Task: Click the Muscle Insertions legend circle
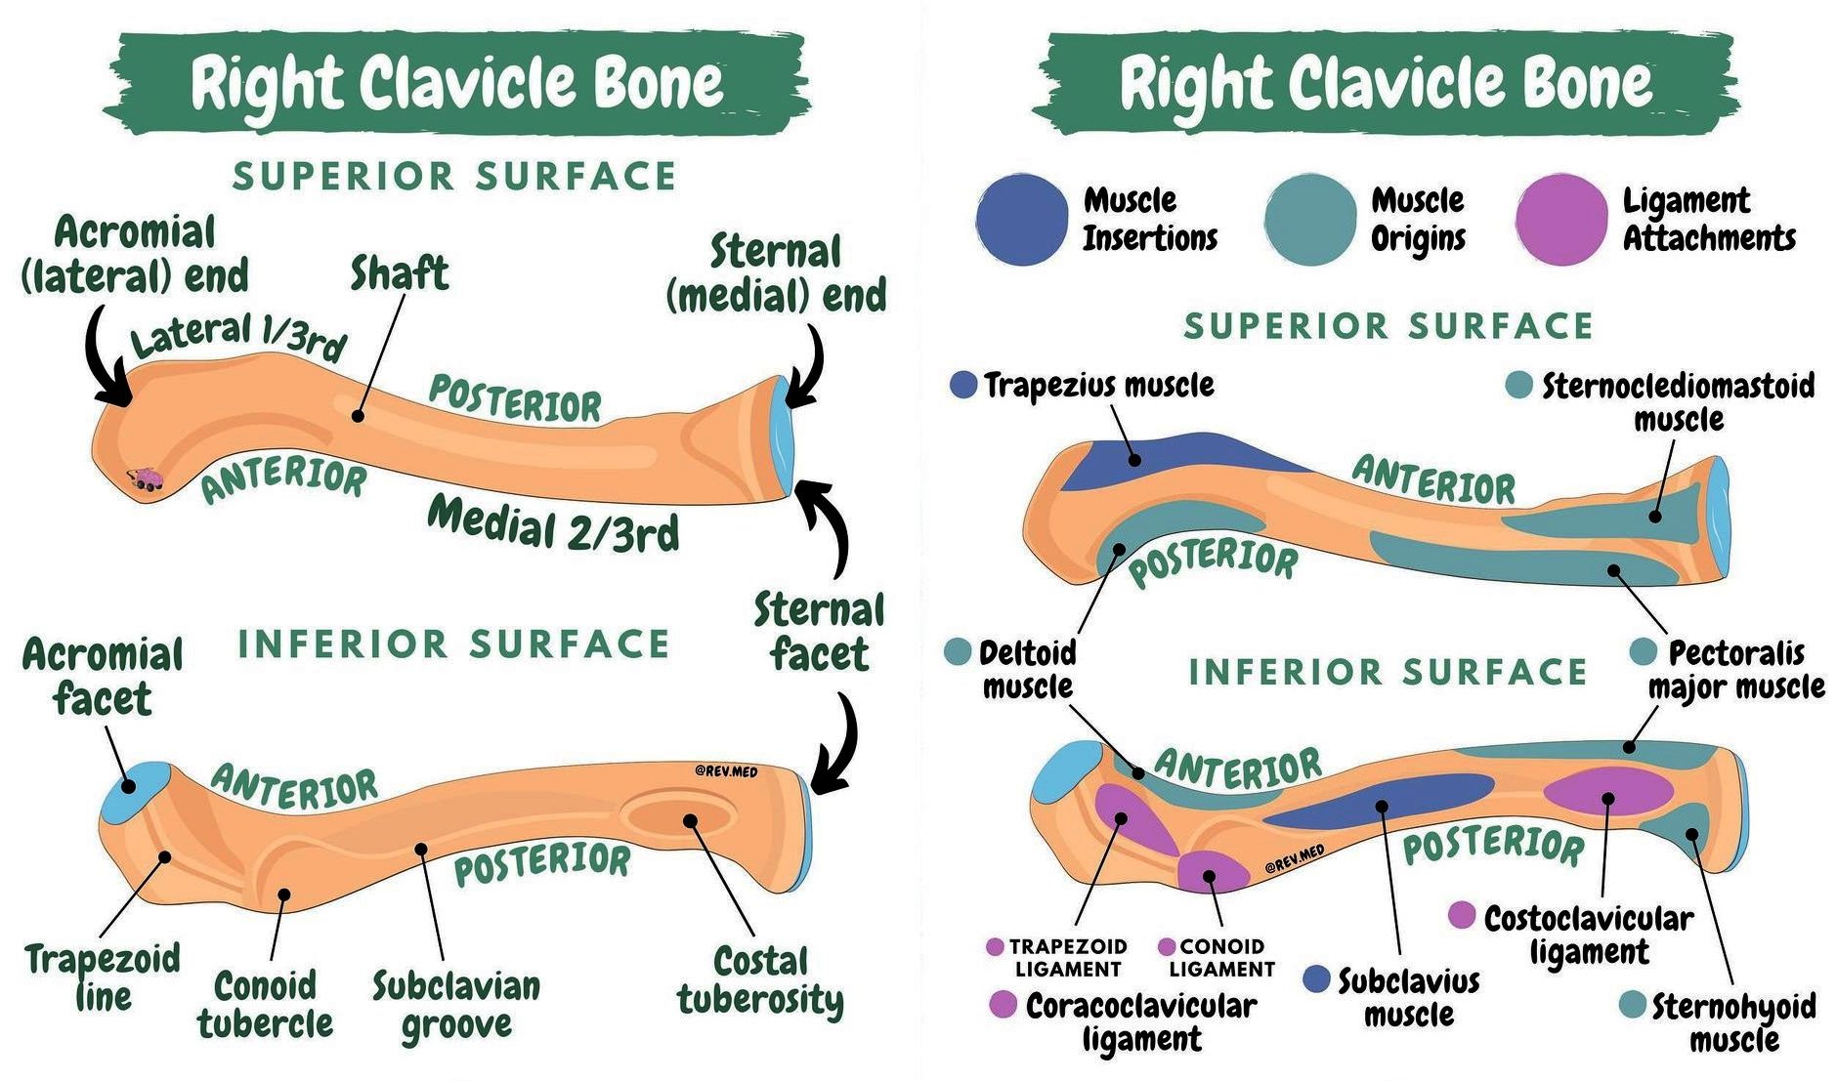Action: (1022, 220)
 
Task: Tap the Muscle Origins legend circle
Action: (1310, 220)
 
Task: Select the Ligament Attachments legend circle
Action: (1562, 220)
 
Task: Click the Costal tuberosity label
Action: (760, 980)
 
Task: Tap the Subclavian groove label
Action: (456, 1005)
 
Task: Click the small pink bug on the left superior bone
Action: (147, 478)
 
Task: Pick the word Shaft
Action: (400, 273)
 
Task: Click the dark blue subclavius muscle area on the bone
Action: (1378, 804)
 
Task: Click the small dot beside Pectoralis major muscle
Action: (1645, 651)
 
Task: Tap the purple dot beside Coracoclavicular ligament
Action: (1004, 1004)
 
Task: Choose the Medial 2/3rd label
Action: (554, 523)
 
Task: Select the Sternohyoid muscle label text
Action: (1733, 1021)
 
